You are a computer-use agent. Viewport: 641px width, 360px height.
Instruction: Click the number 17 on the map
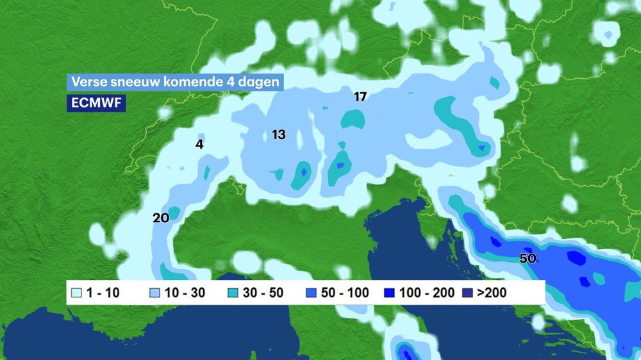(x=360, y=97)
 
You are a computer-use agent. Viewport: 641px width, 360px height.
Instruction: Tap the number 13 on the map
(x=278, y=135)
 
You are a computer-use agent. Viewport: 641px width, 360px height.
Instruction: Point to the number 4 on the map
(x=199, y=145)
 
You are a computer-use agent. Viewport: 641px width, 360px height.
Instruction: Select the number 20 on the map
(x=161, y=218)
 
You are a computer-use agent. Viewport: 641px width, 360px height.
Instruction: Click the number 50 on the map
(x=528, y=259)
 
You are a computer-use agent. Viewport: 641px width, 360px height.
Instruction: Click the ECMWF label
(x=96, y=103)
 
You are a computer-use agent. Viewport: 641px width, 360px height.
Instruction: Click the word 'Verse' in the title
(x=86, y=82)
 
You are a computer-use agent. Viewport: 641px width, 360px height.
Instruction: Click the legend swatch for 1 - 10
(x=76, y=293)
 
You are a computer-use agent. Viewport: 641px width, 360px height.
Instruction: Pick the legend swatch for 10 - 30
(x=154, y=293)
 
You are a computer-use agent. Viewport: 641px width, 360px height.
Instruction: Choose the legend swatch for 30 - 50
(x=233, y=293)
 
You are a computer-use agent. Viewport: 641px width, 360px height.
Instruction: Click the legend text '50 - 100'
(x=345, y=293)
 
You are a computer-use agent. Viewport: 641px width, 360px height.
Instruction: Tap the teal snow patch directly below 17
(x=353, y=119)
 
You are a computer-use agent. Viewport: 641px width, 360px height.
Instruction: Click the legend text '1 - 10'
(x=103, y=293)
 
